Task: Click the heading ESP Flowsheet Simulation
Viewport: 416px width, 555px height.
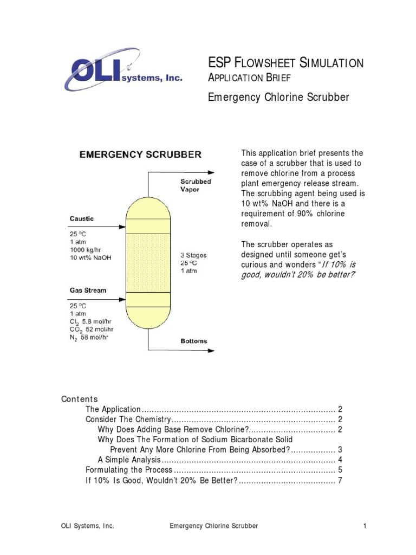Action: (x=286, y=63)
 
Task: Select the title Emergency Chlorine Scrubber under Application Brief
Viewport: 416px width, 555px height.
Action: (x=278, y=98)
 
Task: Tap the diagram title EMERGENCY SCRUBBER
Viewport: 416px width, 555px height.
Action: (x=140, y=154)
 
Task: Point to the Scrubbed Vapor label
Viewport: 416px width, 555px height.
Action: (x=196, y=185)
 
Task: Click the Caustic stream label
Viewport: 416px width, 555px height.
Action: (x=82, y=219)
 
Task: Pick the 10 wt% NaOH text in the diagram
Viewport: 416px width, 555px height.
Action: (x=90, y=258)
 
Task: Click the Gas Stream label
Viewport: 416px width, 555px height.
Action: (x=88, y=291)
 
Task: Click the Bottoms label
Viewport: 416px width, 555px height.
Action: (x=193, y=341)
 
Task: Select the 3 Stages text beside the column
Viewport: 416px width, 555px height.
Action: (x=193, y=255)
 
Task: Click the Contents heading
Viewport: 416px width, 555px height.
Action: (x=80, y=399)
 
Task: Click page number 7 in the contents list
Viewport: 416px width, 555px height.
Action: (x=340, y=481)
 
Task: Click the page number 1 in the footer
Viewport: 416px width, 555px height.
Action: (x=365, y=526)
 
